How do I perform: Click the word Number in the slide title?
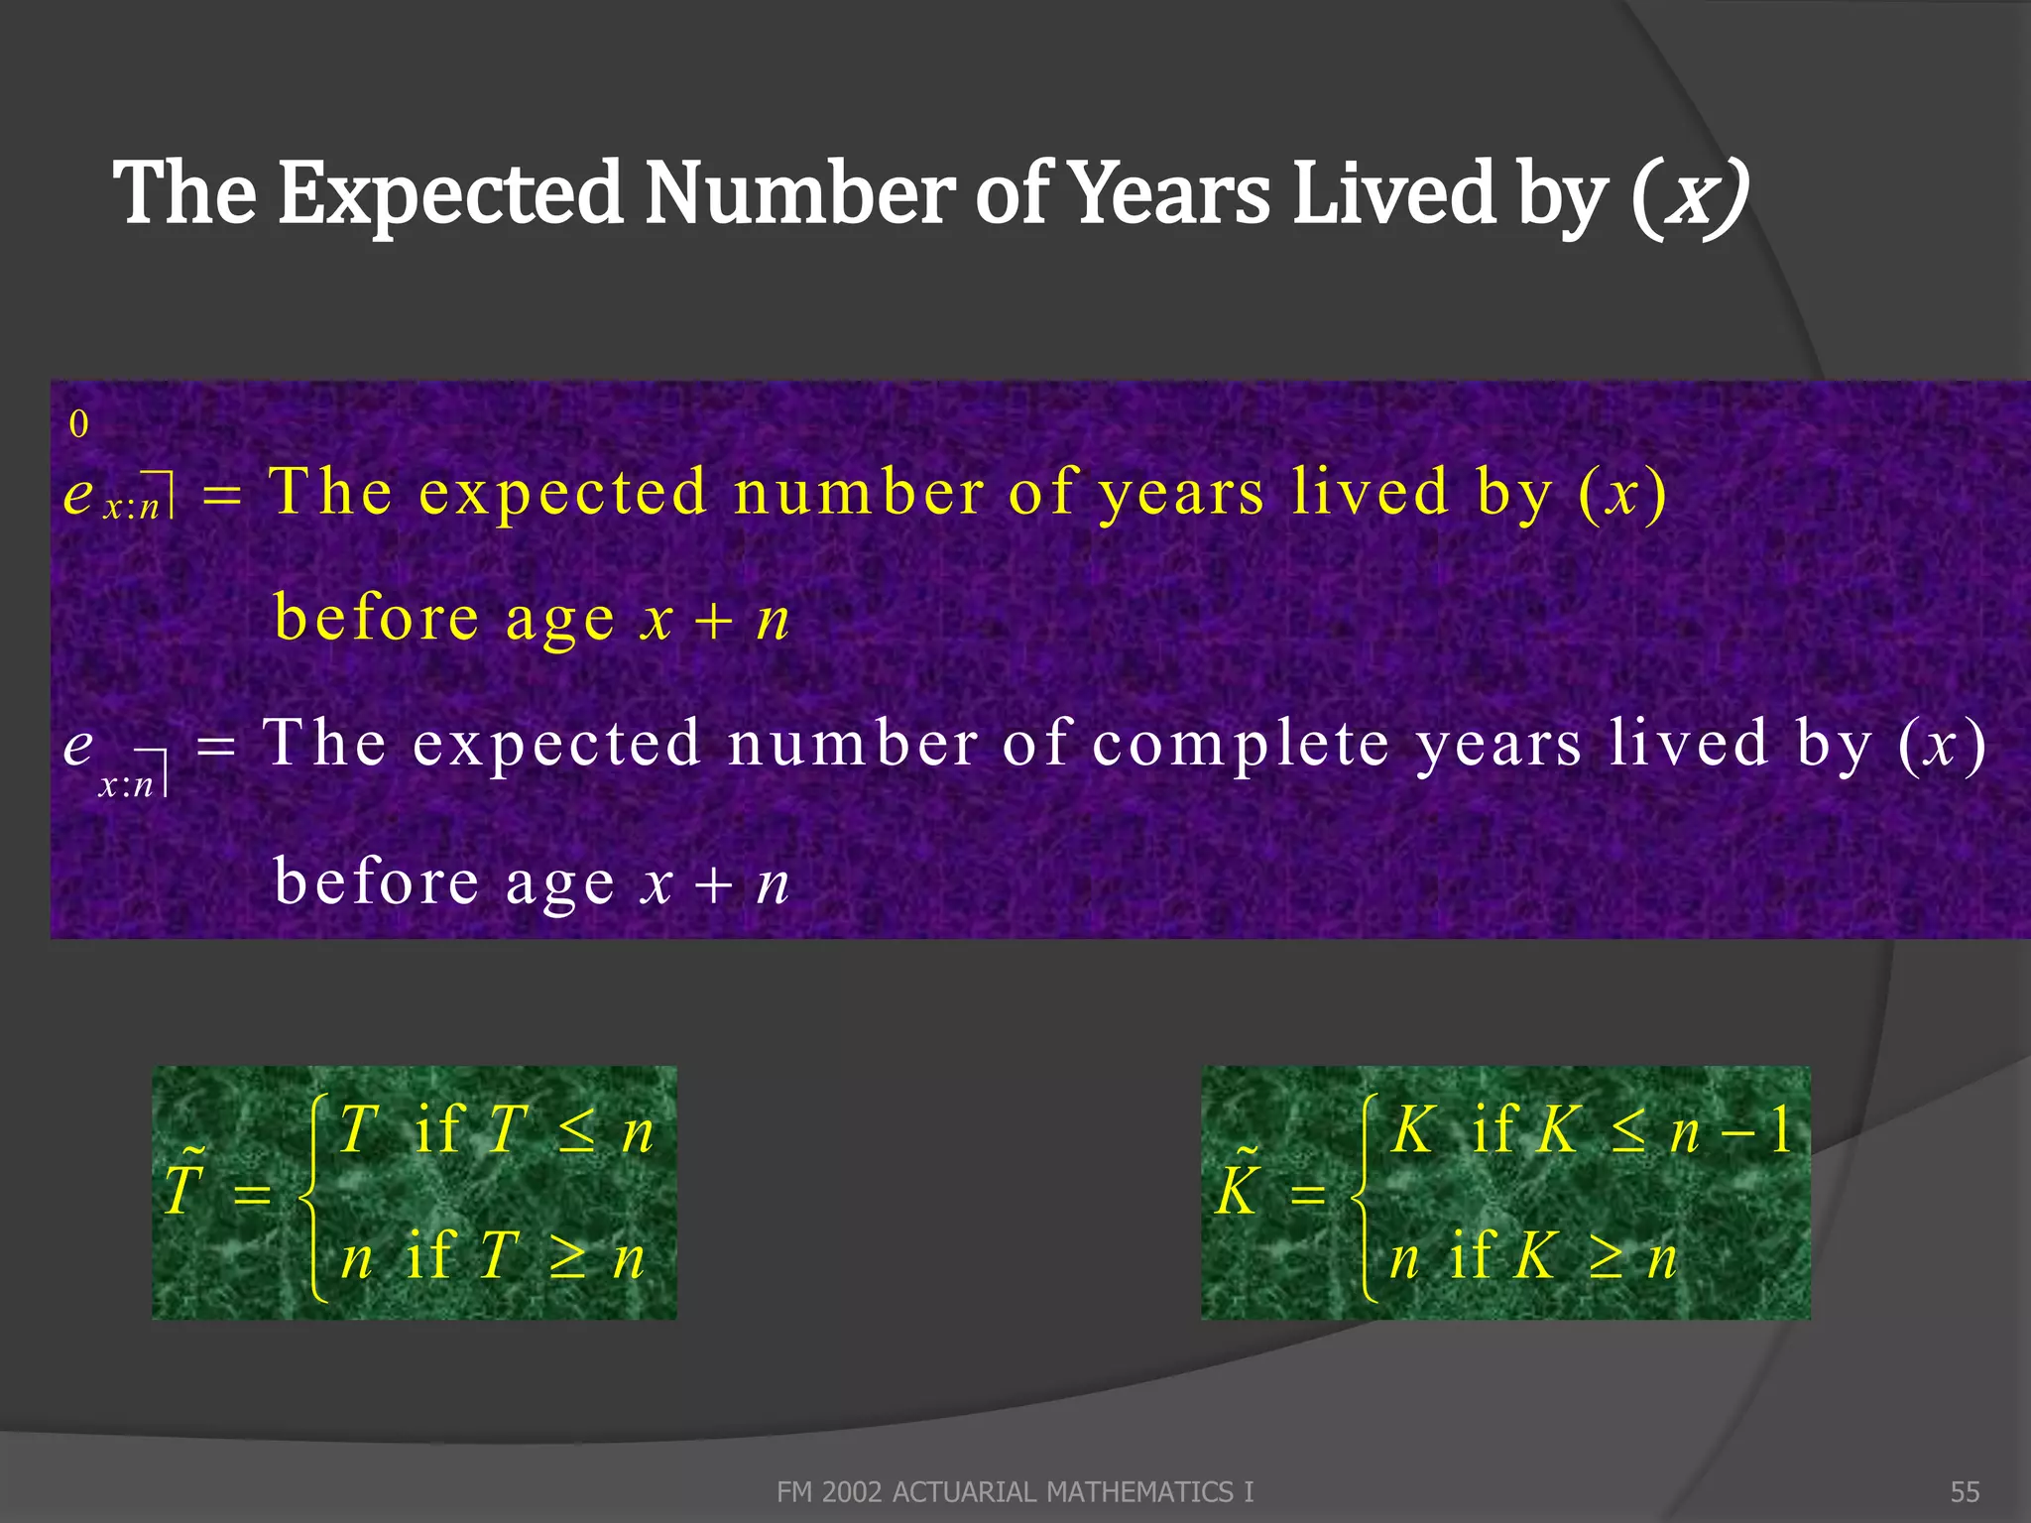(799, 193)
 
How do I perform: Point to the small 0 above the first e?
(78, 424)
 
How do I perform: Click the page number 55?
(1965, 1492)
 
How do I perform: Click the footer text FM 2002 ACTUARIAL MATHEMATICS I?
(1015, 1492)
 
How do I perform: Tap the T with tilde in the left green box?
(184, 1187)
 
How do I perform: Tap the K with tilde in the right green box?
(1239, 1187)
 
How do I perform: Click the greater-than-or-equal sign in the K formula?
(1606, 1259)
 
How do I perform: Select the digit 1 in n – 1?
(1780, 1129)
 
